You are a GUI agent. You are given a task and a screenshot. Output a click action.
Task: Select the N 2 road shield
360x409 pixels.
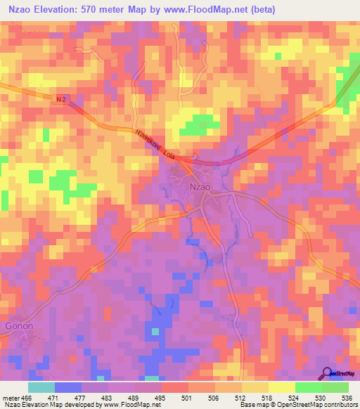pos(60,101)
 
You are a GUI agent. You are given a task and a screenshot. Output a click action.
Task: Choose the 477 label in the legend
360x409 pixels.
pos(94,397)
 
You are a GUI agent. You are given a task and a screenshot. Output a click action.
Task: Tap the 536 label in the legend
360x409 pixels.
pos(347,397)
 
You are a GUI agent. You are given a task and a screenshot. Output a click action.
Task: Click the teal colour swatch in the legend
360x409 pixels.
pos(41,387)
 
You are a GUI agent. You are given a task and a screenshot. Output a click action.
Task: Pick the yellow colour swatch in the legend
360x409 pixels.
pos(281,387)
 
